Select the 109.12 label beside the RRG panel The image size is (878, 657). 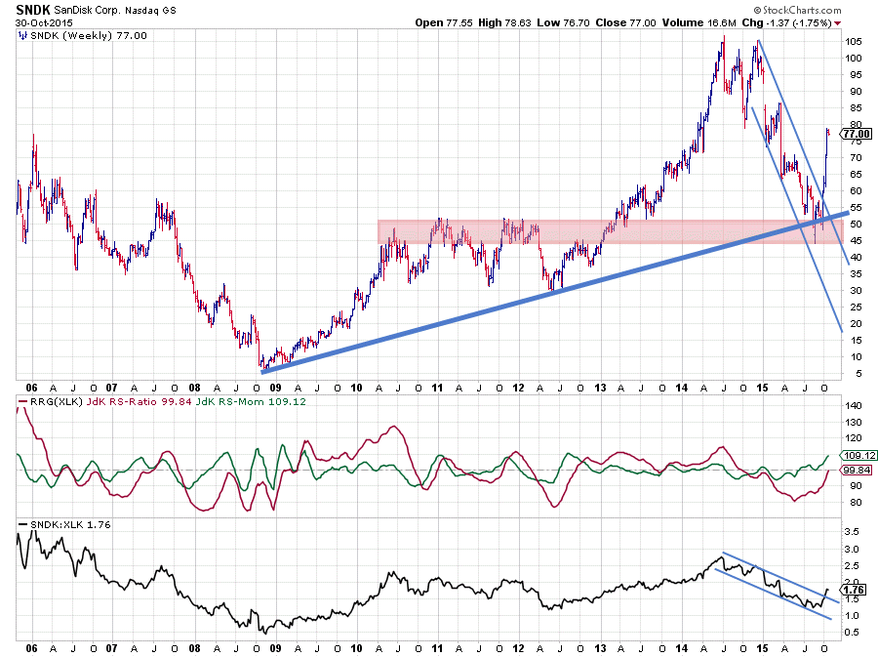855,456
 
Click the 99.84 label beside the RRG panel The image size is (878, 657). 855,471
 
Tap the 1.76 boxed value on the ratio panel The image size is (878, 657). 853,590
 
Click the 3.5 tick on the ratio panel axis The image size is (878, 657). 851,532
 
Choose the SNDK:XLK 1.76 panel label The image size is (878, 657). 58,525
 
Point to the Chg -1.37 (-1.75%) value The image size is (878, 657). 789,22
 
